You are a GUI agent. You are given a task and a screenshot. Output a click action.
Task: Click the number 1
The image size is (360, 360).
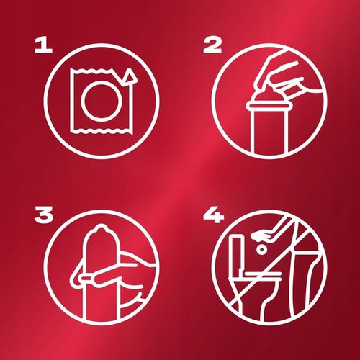click(43, 46)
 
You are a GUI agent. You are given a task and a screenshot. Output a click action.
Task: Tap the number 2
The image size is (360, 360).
click(212, 46)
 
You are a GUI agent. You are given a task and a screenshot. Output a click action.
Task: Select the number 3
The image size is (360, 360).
click(44, 215)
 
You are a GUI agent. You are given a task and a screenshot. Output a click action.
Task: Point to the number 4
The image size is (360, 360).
click(213, 215)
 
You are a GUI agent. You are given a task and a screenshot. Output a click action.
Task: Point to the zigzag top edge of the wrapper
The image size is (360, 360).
click(91, 71)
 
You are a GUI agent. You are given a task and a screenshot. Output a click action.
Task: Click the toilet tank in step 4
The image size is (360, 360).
click(236, 254)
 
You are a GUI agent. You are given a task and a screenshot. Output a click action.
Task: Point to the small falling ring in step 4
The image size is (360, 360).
click(261, 250)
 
